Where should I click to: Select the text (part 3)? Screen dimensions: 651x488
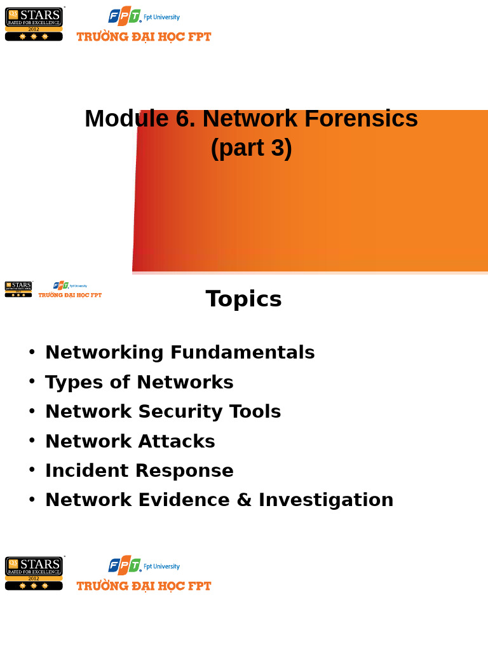coord(251,148)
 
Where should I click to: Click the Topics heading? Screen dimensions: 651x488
coord(243,299)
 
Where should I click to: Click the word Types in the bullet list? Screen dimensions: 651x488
coord(69,382)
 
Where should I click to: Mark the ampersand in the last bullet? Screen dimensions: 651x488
coord(244,500)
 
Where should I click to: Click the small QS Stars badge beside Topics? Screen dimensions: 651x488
coord(18,289)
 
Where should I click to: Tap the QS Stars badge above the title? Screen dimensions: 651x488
coord(34,24)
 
